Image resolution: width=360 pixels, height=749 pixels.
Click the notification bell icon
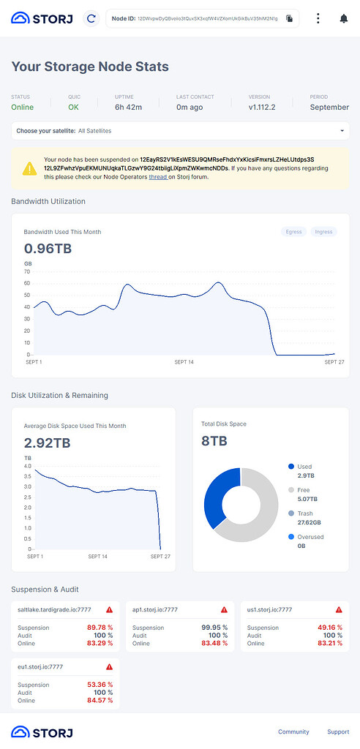(x=344, y=18)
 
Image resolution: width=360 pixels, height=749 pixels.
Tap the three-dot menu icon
(x=318, y=18)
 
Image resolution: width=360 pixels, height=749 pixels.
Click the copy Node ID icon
(x=290, y=18)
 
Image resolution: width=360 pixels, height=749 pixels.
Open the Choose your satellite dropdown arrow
(x=342, y=131)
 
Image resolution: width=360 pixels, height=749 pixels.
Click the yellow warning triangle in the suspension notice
(x=29, y=168)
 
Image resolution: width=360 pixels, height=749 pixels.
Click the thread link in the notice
(x=158, y=177)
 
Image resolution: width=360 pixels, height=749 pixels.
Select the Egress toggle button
(x=293, y=232)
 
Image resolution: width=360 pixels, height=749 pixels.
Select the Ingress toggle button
(x=323, y=232)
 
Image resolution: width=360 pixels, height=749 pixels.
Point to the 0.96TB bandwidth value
(x=48, y=249)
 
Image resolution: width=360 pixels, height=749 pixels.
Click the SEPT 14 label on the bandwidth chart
(x=184, y=362)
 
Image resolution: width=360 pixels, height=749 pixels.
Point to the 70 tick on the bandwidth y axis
(x=27, y=271)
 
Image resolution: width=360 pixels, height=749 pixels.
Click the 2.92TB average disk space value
(x=48, y=443)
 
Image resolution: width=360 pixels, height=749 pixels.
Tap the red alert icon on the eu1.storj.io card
(x=109, y=666)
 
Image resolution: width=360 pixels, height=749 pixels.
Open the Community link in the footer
(x=293, y=731)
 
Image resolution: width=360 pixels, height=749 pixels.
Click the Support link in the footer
(x=338, y=731)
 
